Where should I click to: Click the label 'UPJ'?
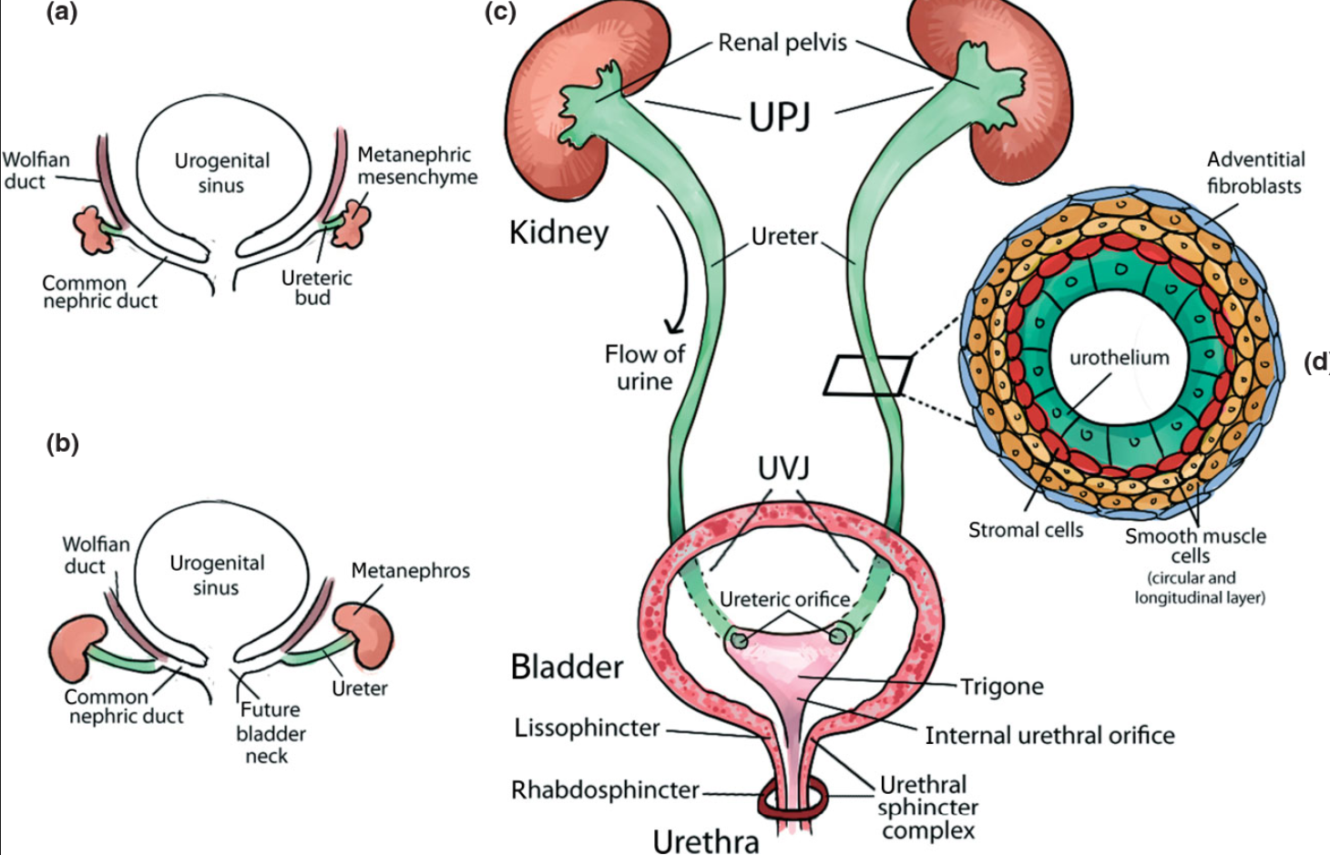(x=780, y=117)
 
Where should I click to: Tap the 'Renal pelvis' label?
(x=783, y=43)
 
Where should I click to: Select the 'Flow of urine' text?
(x=644, y=367)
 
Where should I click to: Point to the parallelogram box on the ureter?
(x=868, y=375)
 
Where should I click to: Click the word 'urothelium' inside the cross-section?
(x=1119, y=358)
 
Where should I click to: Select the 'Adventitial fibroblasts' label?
(x=1254, y=172)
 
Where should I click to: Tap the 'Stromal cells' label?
(x=1025, y=530)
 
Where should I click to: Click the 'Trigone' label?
(x=1001, y=687)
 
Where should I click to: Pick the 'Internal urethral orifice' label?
(x=1049, y=735)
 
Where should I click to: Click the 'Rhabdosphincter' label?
(x=605, y=789)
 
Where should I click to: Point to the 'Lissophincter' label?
(x=587, y=728)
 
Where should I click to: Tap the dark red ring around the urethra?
(x=793, y=801)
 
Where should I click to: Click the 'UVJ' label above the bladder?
(x=783, y=468)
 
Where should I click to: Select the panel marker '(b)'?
(x=62, y=443)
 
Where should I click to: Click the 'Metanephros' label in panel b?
(x=410, y=571)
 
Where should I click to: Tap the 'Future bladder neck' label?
(x=270, y=732)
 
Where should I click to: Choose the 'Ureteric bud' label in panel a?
(x=316, y=287)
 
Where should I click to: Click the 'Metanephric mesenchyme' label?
(x=416, y=166)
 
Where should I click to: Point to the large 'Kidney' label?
(x=558, y=232)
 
